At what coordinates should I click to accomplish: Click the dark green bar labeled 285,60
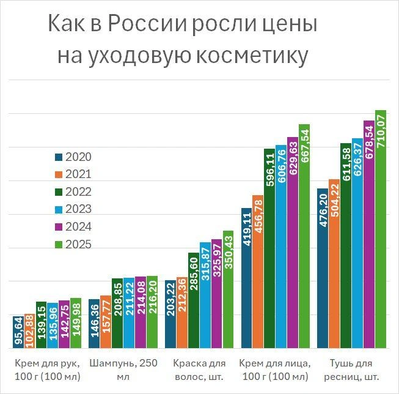click(193, 300)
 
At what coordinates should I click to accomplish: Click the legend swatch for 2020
click(59, 157)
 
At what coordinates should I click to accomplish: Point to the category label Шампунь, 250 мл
click(123, 369)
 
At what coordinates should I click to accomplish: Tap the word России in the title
click(147, 26)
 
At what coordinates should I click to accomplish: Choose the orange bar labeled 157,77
click(105, 322)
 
